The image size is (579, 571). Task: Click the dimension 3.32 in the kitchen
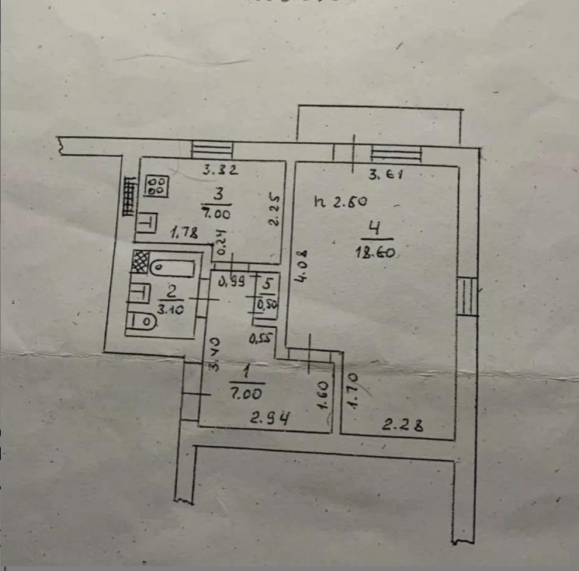[220, 170]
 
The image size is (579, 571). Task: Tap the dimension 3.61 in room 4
[385, 176]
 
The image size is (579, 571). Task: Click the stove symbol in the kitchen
[158, 185]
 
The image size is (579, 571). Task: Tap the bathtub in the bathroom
[171, 268]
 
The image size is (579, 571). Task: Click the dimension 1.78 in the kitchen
[183, 231]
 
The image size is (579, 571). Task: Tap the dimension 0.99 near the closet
[232, 283]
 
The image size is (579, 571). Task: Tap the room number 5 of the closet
[268, 284]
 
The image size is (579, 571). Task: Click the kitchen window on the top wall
[206, 148]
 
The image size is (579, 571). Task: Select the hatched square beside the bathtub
[139, 261]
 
